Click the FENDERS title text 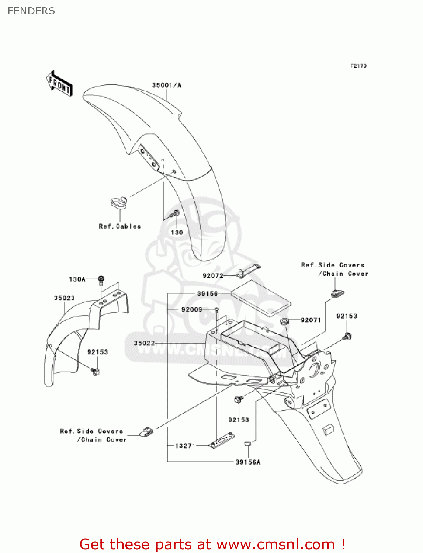pyautogui.click(x=31, y=11)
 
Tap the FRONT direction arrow pyautogui.click(x=59, y=84)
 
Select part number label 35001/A pyautogui.click(x=167, y=85)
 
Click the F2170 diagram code pyautogui.click(x=358, y=66)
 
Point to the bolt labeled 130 pyautogui.click(x=176, y=213)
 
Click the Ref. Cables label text pyautogui.click(x=120, y=226)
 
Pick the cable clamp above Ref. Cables pyautogui.click(x=119, y=202)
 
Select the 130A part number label pyautogui.click(x=77, y=279)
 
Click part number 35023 pyautogui.click(x=64, y=298)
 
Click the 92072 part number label pyautogui.click(x=213, y=275)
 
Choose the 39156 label pyautogui.click(x=207, y=293)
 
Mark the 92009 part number pyautogui.click(x=192, y=309)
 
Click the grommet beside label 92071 pyautogui.click(x=284, y=321)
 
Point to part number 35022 pyautogui.click(x=144, y=343)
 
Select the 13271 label pyautogui.click(x=185, y=446)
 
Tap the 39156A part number pyautogui.click(x=248, y=462)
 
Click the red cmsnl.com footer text pyautogui.click(x=212, y=544)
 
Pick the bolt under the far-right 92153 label pyautogui.click(x=347, y=336)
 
